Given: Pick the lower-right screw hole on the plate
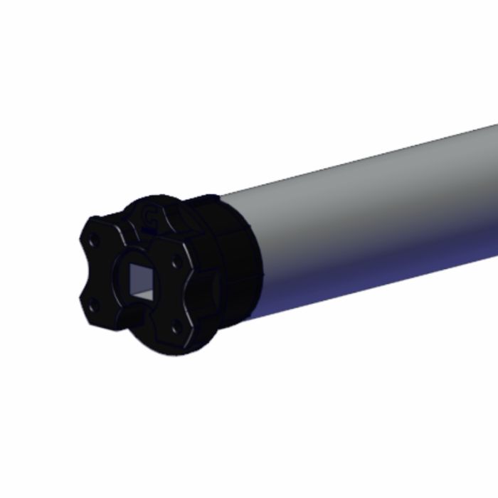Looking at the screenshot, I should click(174, 328).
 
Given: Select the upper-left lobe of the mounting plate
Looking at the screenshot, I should click(100, 231).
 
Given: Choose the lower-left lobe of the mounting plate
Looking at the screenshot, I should click(92, 313).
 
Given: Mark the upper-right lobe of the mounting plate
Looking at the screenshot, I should click(174, 253).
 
